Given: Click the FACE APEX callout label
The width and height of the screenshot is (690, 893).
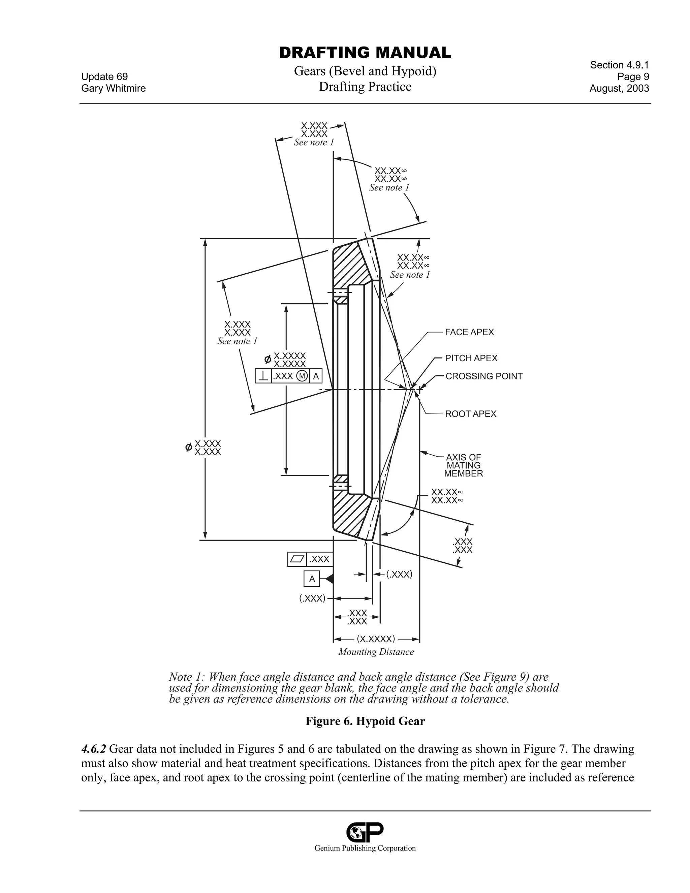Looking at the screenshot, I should point(469,332).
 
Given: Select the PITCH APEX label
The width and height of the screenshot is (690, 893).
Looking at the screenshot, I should point(471,358).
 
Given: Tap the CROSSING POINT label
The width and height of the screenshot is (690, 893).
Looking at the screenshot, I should point(483,376).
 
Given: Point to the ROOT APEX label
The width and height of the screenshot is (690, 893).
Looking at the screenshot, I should point(470,414).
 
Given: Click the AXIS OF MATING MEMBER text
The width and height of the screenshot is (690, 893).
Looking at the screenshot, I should point(464,465).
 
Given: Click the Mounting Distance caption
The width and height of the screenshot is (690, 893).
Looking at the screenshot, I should point(376,652).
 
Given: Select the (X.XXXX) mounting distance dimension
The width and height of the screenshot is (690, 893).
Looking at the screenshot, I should point(376,639).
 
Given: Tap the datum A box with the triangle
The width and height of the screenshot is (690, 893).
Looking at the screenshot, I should point(312,579).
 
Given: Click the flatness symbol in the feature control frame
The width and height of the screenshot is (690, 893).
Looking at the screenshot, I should point(297,559).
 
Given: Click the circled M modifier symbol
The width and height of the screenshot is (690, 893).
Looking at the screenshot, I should point(302,376).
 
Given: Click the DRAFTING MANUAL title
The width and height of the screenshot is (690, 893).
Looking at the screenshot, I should point(365,53).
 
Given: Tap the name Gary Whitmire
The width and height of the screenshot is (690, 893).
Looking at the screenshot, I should point(113,88).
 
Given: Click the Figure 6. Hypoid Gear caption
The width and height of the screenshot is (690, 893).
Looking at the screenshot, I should point(365,721).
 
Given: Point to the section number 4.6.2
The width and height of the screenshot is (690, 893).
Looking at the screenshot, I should point(94,749).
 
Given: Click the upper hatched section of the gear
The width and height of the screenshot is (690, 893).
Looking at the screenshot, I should point(347,266).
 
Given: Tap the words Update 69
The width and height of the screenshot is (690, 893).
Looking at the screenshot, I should point(104,76).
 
